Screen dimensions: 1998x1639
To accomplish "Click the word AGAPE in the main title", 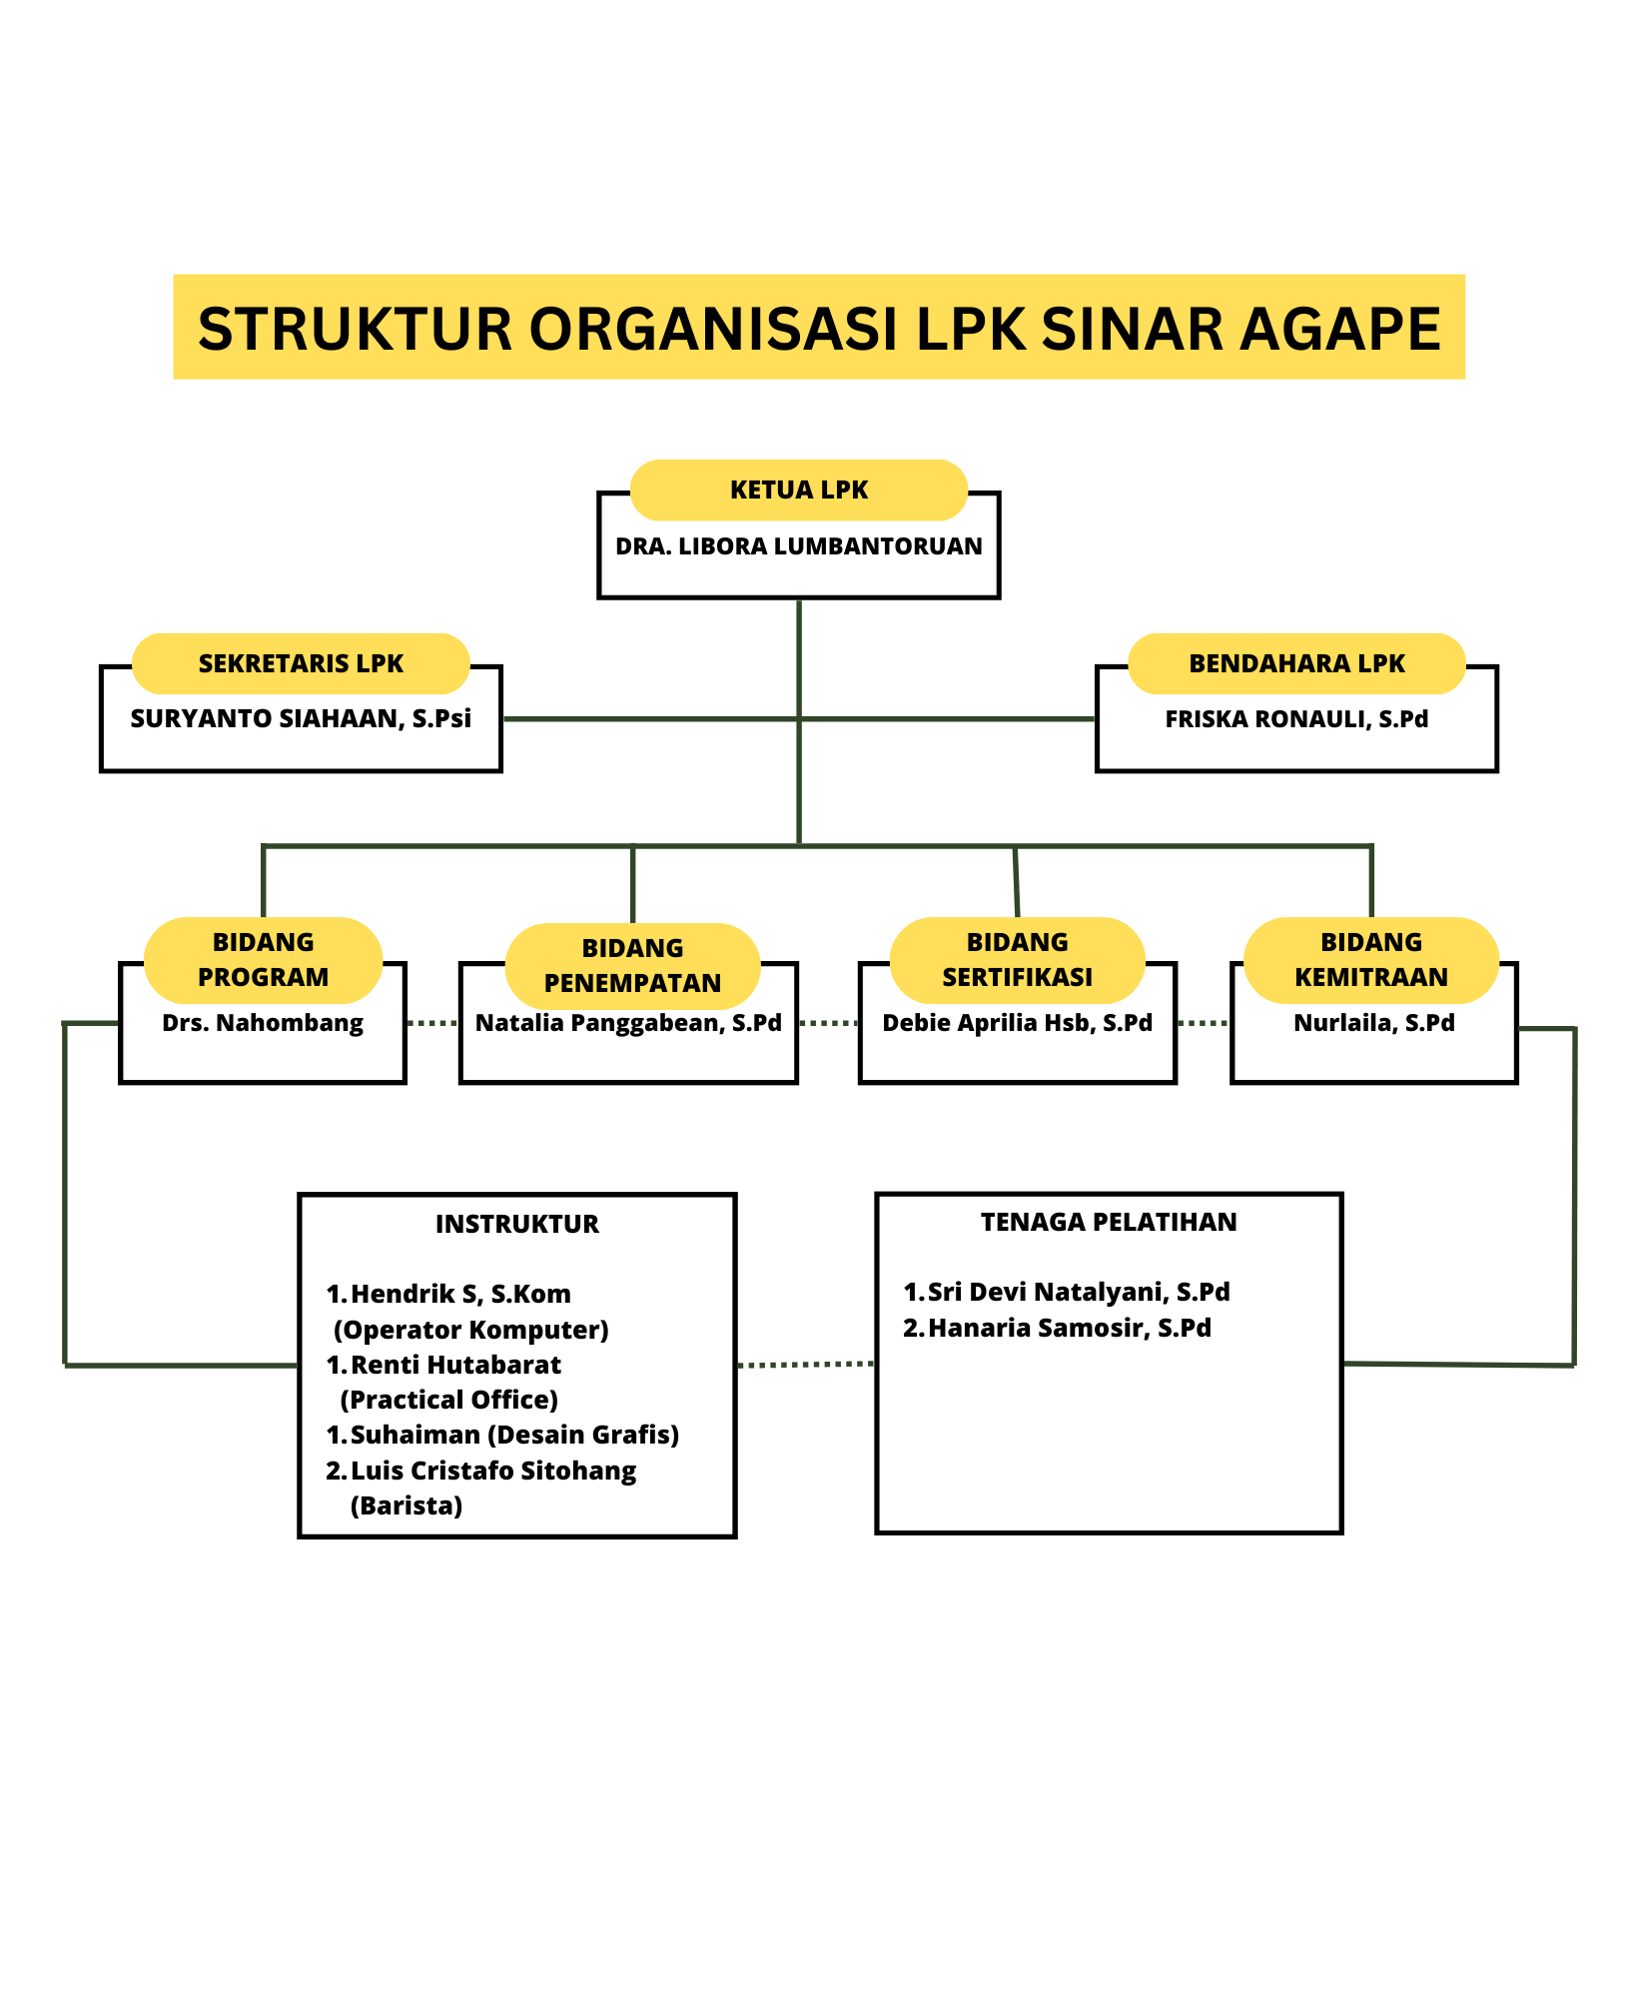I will pyautogui.click(x=1340, y=329).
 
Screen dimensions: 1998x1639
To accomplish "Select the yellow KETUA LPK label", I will pyautogui.click(x=798, y=491).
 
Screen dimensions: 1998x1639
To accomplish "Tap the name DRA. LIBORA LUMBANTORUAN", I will pyautogui.click(x=798, y=546).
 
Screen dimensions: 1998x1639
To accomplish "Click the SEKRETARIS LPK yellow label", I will pyautogui.click(x=301, y=663).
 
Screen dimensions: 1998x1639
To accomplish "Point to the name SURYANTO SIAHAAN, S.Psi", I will pyautogui.click(x=301, y=719).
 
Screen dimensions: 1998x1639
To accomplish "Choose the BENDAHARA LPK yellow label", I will pyautogui.click(x=1296, y=663).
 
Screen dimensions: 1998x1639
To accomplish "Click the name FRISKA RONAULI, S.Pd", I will pyautogui.click(x=1296, y=719).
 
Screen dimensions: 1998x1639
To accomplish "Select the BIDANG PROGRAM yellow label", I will pyautogui.click(x=263, y=960).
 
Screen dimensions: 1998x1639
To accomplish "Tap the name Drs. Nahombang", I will pyautogui.click(x=263, y=1023).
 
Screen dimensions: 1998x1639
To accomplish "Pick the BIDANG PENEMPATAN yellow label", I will pyautogui.click(x=632, y=965).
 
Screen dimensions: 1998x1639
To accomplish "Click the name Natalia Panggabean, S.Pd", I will pyautogui.click(x=628, y=1023).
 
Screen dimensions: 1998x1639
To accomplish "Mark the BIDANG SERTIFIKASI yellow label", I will pyautogui.click(x=1017, y=960).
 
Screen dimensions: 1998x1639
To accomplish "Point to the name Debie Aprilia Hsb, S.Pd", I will pyautogui.click(x=1017, y=1023).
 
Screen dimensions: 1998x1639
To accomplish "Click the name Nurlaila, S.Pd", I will pyautogui.click(x=1373, y=1023).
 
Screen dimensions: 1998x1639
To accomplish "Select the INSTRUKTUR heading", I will pyautogui.click(x=516, y=1224).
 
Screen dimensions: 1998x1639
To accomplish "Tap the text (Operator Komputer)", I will pyautogui.click(x=470, y=1330).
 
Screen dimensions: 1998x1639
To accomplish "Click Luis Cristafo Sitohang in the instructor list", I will pyautogui.click(x=493, y=1471).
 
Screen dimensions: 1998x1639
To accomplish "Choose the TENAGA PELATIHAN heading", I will pyautogui.click(x=1108, y=1222).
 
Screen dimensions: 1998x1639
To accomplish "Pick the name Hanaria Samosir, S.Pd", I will pyautogui.click(x=1069, y=1328).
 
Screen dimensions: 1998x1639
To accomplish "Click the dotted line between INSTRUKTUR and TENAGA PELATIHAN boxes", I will pyautogui.click(x=805, y=1365).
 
